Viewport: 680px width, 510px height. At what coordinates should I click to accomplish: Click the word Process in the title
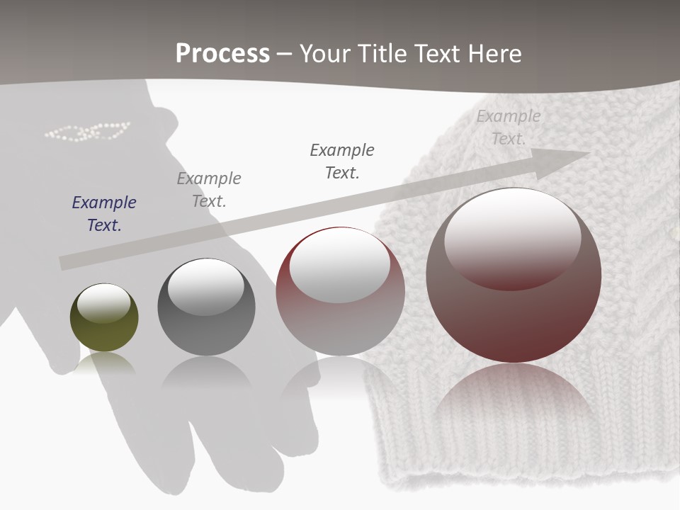pyautogui.click(x=222, y=54)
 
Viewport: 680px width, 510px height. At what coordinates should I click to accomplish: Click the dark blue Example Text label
pyautogui.click(x=104, y=213)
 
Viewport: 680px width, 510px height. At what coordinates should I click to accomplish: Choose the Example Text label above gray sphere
pyautogui.click(x=209, y=189)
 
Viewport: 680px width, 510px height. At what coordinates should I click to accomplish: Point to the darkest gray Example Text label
pyautogui.click(x=342, y=161)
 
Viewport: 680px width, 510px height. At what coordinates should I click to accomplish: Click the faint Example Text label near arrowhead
pyautogui.click(x=508, y=127)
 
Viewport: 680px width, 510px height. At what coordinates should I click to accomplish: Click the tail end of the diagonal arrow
pyautogui.click(x=65, y=262)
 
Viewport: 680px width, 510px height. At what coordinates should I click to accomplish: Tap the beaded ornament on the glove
pyautogui.click(x=87, y=132)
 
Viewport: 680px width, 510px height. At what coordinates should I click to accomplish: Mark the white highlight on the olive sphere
pyautogui.click(x=103, y=303)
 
